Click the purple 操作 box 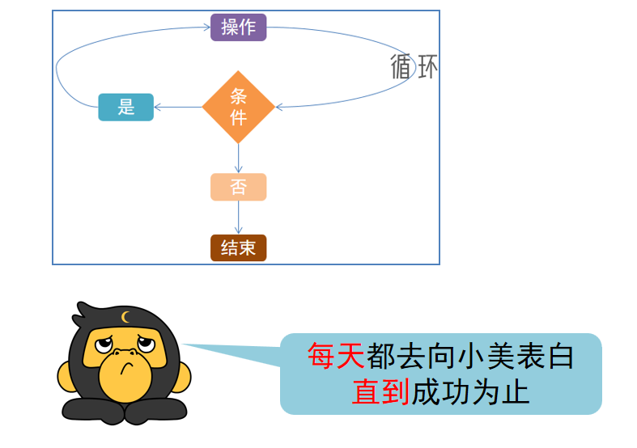tap(238, 27)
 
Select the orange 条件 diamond tap(238, 107)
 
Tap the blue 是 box tap(125, 107)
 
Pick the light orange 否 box tap(238, 187)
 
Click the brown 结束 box tap(238, 247)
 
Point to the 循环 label tap(414, 67)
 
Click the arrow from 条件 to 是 tap(178, 107)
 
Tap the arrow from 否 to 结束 tap(238, 218)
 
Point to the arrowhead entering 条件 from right tap(279, 107)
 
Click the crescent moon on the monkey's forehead tap(125, 317)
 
